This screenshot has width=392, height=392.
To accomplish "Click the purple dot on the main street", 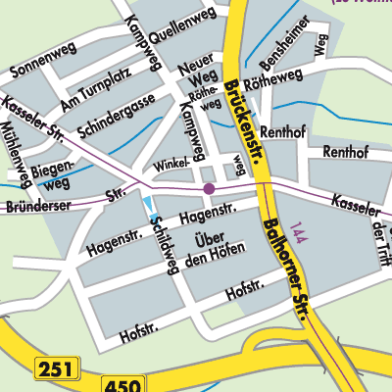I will [209, 187].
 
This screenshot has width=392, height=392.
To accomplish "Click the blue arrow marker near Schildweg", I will [149, 206].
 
